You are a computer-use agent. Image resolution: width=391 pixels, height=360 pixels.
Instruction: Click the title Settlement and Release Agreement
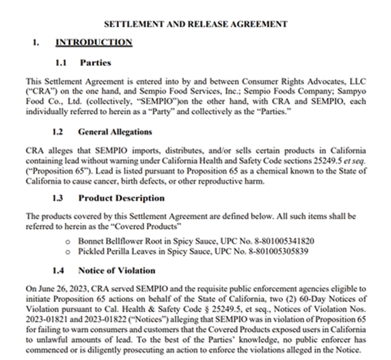coord(196,24)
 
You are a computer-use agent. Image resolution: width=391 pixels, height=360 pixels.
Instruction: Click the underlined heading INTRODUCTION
coord(94,43)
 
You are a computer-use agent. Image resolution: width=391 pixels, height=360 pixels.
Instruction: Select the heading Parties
coord(95,62)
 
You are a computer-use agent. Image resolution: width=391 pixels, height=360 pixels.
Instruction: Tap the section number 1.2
coord(57,132)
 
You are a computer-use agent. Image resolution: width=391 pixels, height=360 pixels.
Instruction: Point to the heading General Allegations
coord(115,132)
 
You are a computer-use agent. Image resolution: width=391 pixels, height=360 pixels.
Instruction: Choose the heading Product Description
coord(121,198)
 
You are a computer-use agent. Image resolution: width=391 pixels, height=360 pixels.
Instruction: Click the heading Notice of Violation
coord(116,270)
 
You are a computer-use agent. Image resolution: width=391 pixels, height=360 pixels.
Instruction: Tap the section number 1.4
coord(58,270)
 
